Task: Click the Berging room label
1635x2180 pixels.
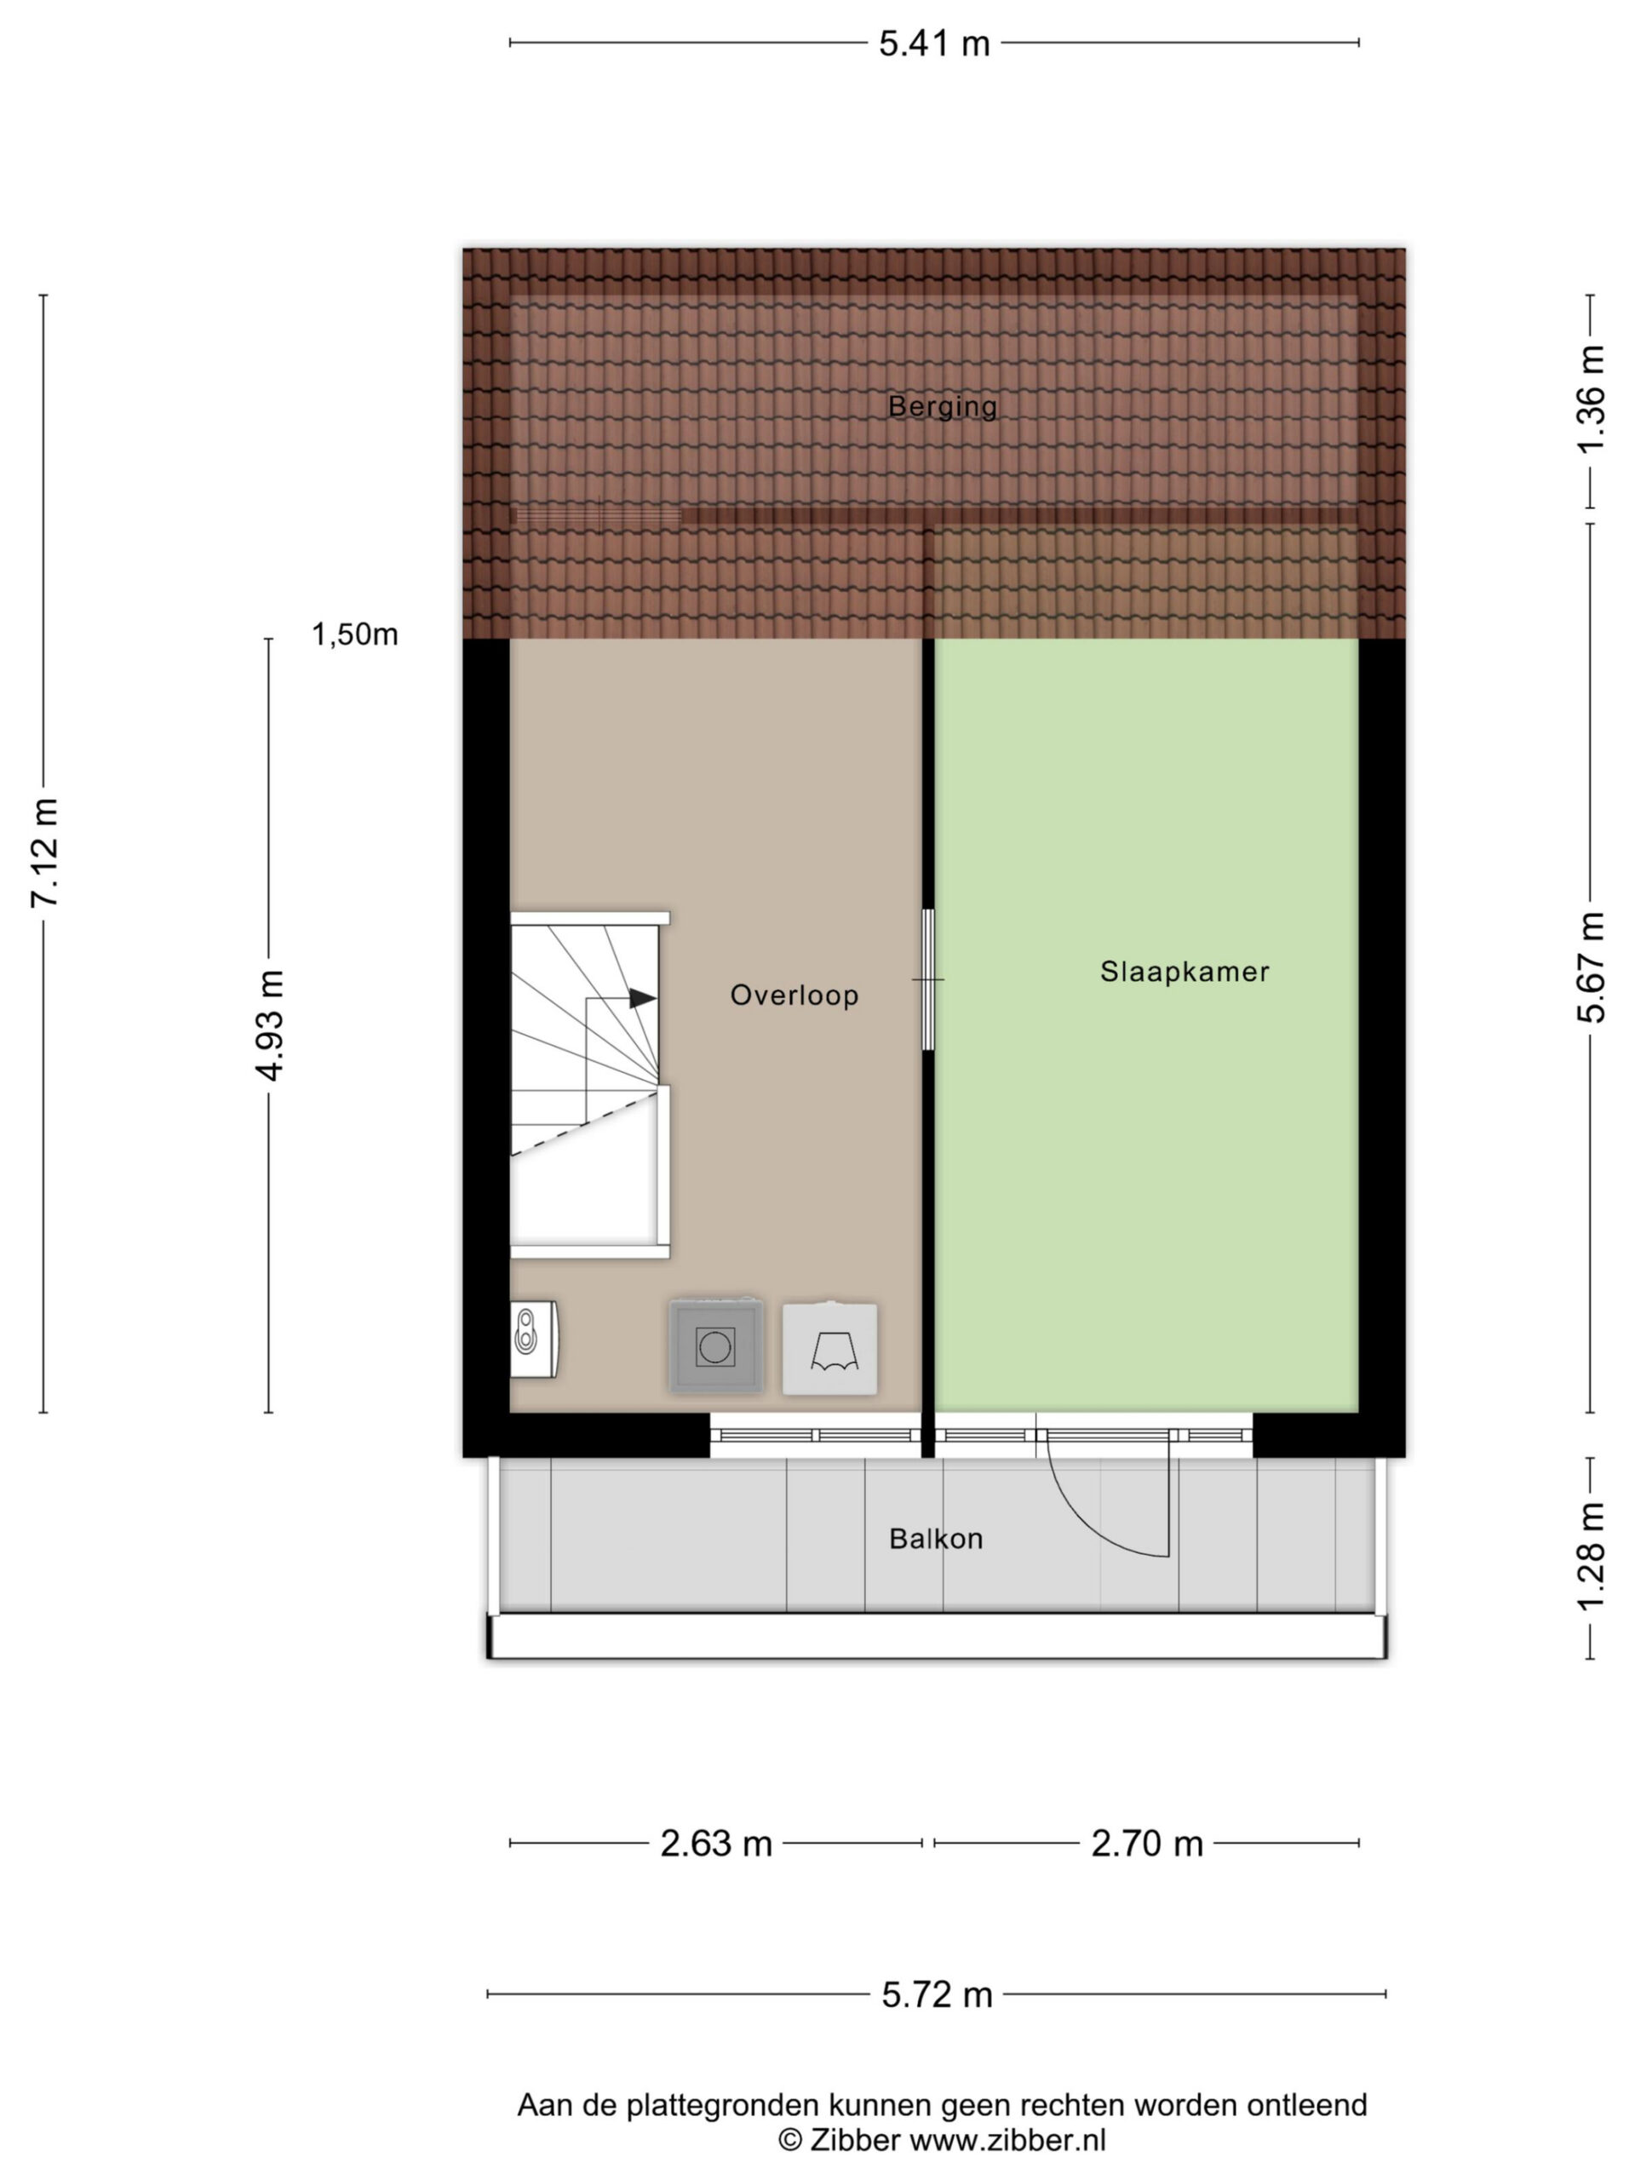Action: (941, 406)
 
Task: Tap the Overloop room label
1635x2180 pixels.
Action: (795, 995)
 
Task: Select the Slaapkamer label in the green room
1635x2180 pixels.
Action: (1184, 972)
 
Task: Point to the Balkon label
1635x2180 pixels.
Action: (935, 1539)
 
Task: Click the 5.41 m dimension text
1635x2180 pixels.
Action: (933, 44)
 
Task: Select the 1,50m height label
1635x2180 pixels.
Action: (355, 634)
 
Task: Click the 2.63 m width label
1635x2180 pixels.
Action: (715, 1844)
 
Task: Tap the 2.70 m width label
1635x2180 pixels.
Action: (1147, 1844)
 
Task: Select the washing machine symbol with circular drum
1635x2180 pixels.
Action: (715, 1346)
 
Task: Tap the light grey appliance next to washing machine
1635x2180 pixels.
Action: (829, 1348)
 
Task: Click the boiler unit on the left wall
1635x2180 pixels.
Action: (534, 1339)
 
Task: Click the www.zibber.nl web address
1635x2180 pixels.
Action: (1008, 2140)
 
